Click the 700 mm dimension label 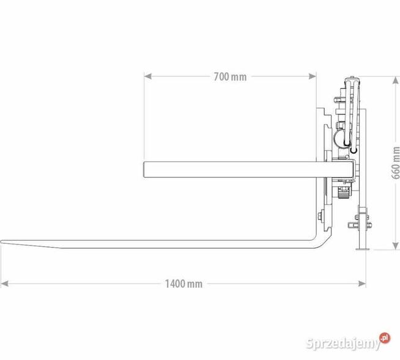[230, 76]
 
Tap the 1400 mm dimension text [183, 284]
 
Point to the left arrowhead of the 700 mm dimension [147, 76]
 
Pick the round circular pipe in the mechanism [340, 138]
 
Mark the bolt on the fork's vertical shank [320, 215]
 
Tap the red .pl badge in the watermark [384, 337]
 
